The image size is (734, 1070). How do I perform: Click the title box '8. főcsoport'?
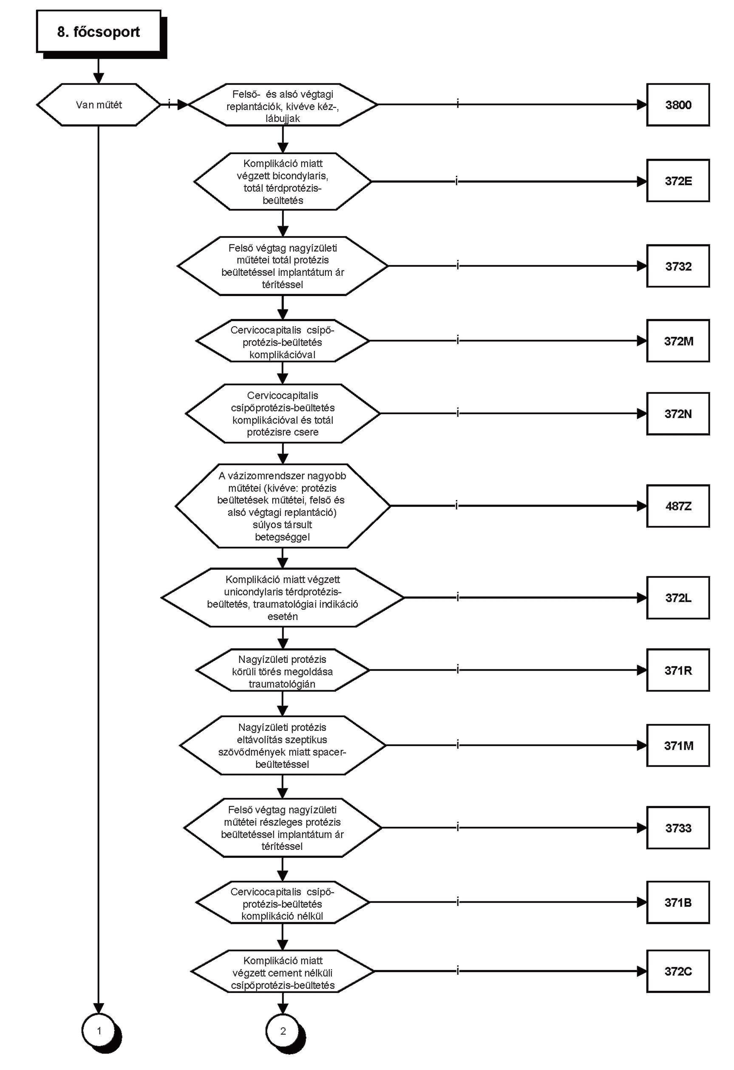[99, 32]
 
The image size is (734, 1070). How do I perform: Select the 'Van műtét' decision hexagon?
[99, 105]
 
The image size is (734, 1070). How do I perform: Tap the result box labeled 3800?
[678, 105]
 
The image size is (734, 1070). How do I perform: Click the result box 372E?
[678, 181]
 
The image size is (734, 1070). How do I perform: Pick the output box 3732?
[678, 266]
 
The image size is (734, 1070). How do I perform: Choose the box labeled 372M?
[678, 341]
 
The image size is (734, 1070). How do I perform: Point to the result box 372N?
[678, 413]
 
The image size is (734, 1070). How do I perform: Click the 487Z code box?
[678, 506]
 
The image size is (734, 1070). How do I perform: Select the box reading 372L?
[678, 597]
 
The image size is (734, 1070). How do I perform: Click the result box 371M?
[678, 745]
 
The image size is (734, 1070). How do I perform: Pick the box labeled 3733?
[678, 827]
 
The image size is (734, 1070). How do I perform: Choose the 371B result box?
[678, 902]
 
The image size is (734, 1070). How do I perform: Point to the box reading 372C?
[678, 971]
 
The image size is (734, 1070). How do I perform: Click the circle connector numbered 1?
[99, 1031]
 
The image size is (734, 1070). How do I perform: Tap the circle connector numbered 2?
[283, 1031]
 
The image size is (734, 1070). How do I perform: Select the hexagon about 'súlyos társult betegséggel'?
[283, 506]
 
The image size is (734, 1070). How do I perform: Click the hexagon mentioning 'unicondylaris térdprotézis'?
[283, 597]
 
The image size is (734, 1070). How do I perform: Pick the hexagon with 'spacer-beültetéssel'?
[283, 745]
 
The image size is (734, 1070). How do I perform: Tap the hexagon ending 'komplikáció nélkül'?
[283, 903]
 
